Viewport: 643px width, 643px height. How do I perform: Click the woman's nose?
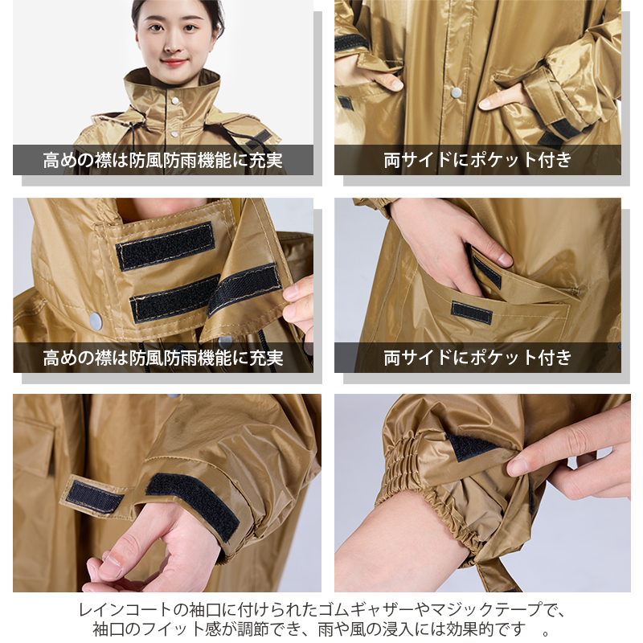(173, 46)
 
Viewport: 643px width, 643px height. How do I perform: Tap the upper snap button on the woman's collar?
(175, 100)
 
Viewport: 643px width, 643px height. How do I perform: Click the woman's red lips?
(174, 63)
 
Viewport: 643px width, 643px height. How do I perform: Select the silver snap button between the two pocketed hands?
(456, 92)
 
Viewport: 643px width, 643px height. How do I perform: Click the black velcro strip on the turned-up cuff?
(559, 128)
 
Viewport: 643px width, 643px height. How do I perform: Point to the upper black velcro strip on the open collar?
(166, 246)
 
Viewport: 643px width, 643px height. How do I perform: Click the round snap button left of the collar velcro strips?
(96, 319)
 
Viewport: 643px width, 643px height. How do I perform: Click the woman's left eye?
(190, 28)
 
